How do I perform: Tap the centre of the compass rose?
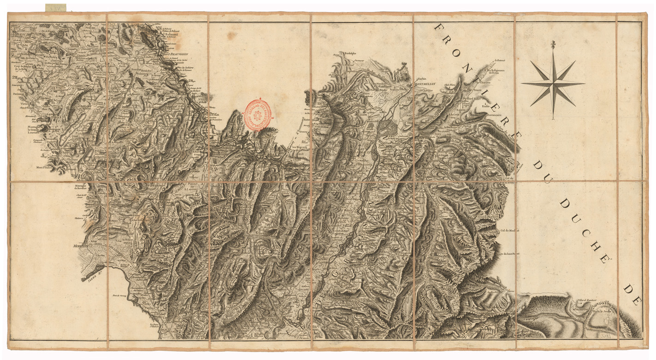[x=553, y=83]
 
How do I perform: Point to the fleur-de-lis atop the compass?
[x=553, y=45]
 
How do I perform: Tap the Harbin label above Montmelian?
[x=422, y=79]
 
